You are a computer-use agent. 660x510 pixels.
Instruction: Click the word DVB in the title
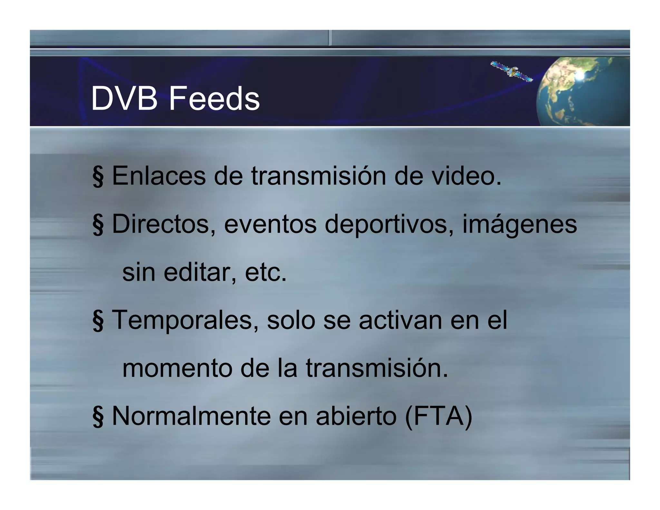(124, 99)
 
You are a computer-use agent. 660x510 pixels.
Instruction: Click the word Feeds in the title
(214, 99)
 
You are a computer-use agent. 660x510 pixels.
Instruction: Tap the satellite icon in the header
(511, 71)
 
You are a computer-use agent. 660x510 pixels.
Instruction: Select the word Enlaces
(159, 176)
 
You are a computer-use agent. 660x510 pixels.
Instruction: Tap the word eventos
(270, 224)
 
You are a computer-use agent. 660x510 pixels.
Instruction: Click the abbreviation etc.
(266, 272)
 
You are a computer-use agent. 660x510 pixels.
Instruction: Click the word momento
(177, 368)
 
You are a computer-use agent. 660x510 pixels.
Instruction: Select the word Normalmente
(191, 416)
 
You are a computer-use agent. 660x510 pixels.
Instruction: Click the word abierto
(356, 416)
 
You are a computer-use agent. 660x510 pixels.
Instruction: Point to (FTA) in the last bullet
(438, 417)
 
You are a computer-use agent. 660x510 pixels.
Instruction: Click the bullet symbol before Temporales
(98, 321)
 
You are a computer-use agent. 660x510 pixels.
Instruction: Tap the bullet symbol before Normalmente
(98, 417)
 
